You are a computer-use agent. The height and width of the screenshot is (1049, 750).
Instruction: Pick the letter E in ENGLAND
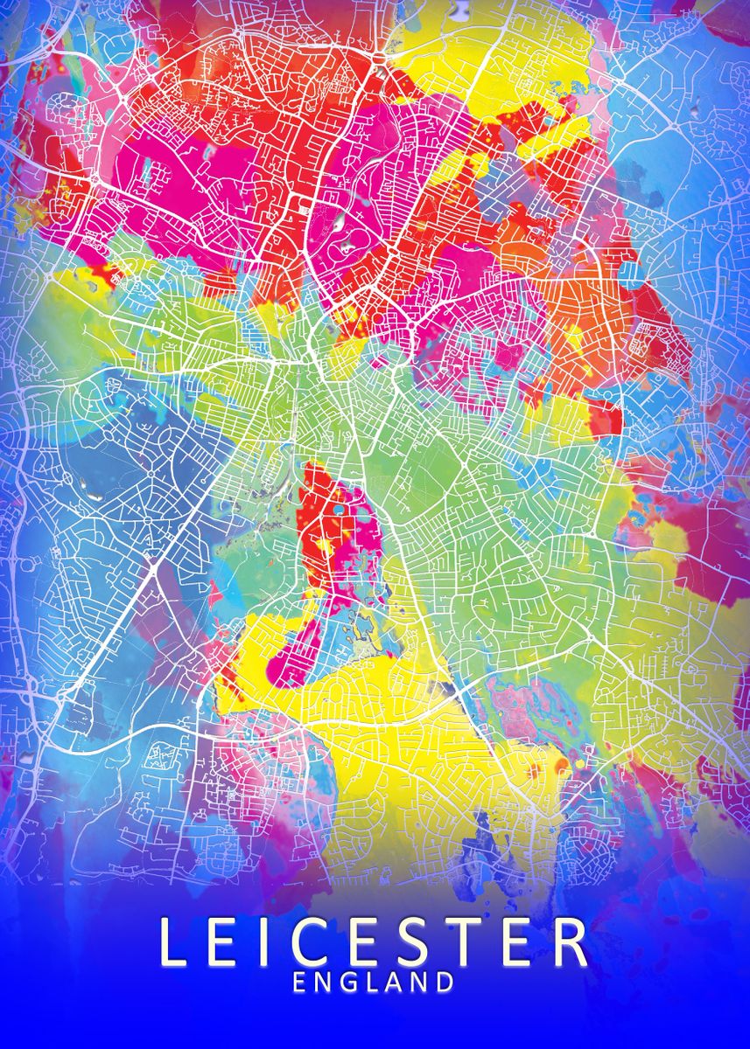point(300,983)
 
